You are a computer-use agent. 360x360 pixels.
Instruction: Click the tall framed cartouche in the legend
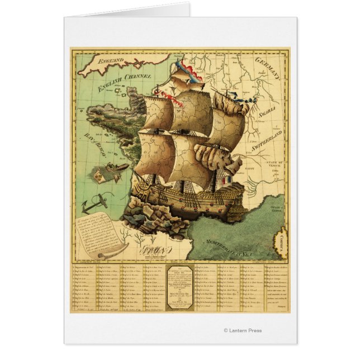tap(179, 287)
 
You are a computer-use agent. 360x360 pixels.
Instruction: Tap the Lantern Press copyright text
tap(242, 330)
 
